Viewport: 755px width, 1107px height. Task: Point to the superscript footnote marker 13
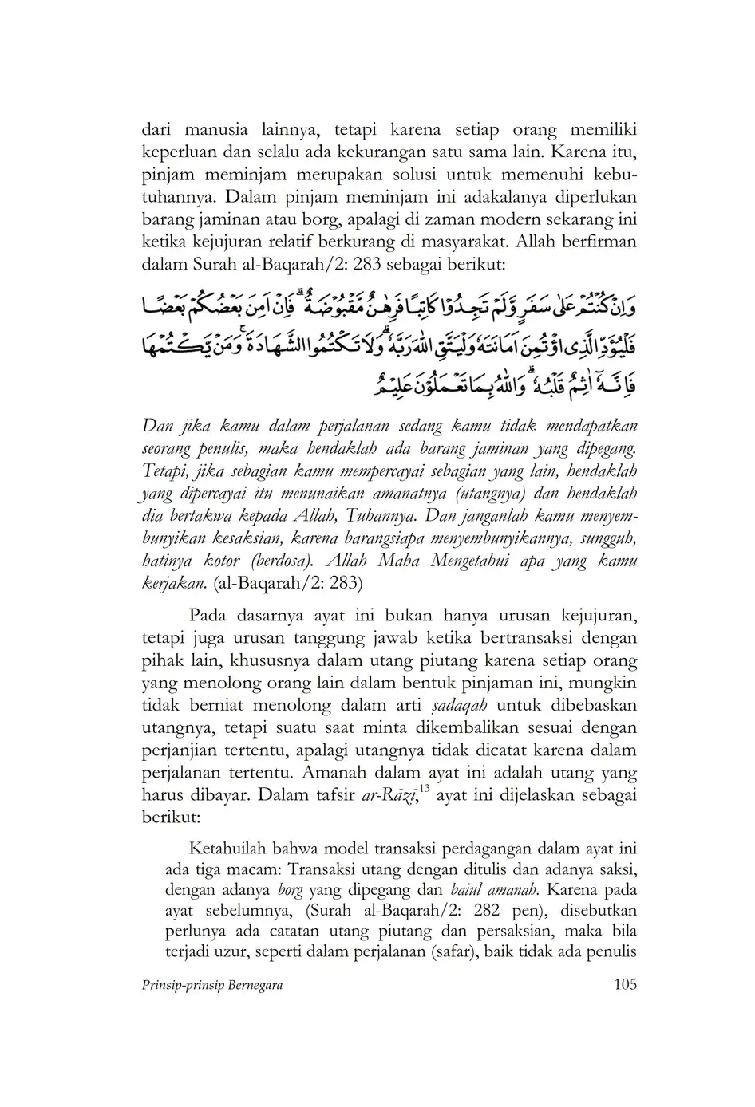(x=424, y=790)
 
